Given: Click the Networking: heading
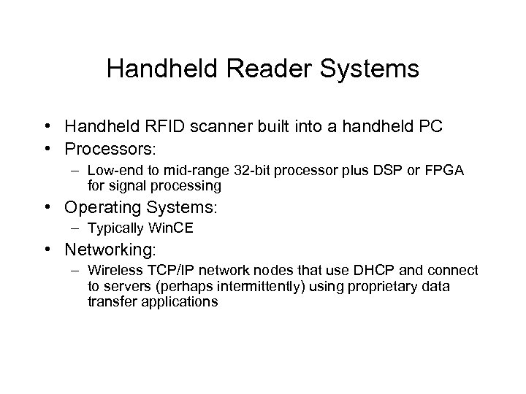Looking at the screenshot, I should (110, 250).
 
